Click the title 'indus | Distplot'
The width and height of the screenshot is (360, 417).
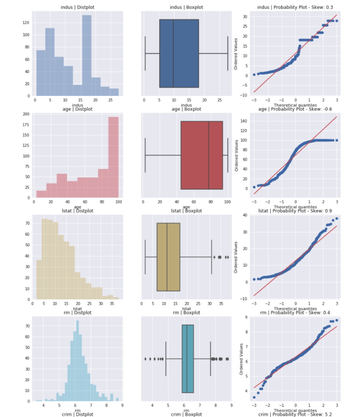click(77, 8)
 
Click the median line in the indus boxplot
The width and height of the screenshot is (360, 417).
click(173, 53)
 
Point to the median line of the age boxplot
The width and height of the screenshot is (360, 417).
click(209, 155)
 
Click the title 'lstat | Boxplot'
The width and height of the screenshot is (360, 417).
click(186, 211)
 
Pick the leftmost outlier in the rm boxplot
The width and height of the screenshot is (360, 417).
click(145, 359)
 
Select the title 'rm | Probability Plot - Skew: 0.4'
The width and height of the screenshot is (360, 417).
click(294, 313)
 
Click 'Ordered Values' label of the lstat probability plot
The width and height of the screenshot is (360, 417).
click(237, 256)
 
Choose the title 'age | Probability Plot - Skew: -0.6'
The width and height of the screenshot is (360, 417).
click(294, 109)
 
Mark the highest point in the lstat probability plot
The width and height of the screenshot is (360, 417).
click(337, 218)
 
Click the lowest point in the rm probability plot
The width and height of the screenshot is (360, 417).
click(254, 397)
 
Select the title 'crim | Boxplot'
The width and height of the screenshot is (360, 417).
click(186, 414)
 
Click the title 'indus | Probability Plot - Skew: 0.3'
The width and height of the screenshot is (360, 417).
click(294, 8)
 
